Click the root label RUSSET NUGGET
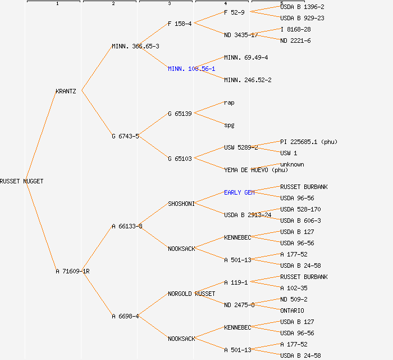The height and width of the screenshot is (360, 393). (x=21, y=181)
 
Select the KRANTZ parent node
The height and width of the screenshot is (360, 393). (x=66, y=91)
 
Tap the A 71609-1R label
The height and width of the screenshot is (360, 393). (x=72, y=271)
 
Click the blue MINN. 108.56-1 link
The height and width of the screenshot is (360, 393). (x=191, y=69)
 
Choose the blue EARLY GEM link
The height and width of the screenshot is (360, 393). (x=239, y=192)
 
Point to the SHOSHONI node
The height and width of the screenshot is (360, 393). (x=181, y=204)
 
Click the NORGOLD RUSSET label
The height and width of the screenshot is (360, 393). (x=191, y=294)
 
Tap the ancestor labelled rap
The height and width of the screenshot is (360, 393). (x=229, y=102)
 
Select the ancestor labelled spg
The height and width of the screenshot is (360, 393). (x=229, y=125)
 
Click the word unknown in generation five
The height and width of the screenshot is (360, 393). (x=292, y=164)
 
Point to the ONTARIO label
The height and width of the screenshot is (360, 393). (x=292, y=310)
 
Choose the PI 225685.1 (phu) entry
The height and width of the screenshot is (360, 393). (x=309, y=142)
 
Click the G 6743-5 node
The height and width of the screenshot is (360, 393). (x=125, y=136)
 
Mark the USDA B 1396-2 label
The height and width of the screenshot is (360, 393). (x=302, y=7)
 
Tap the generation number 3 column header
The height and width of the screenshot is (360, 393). (x=169, y=4)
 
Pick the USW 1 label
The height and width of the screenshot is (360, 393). (x=289, y=153)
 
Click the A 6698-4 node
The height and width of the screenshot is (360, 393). (x=125, y=316)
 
